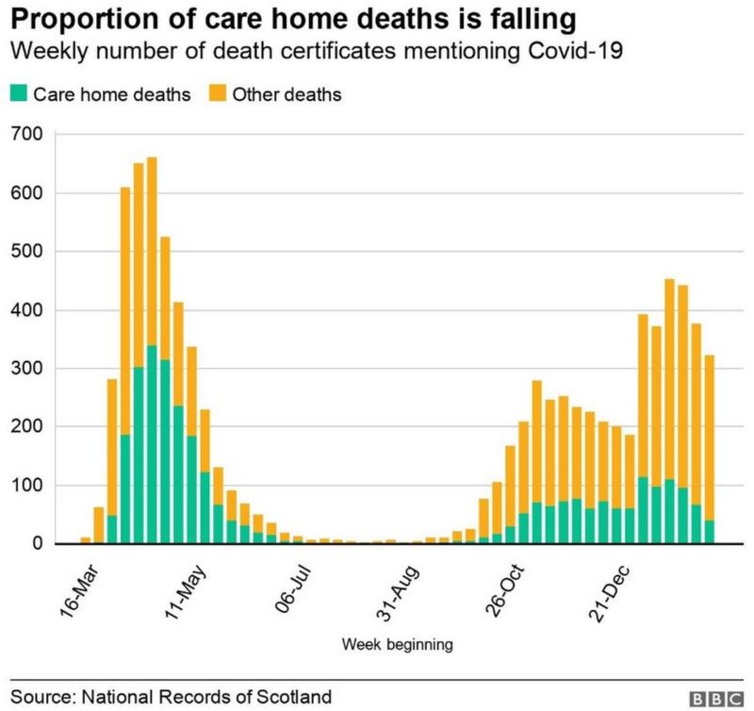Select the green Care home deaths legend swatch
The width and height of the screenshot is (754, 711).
click(x=19, y=94)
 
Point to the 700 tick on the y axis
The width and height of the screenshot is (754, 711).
click(x=26, y=135)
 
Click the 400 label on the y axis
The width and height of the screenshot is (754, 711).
click(x=26, y=310)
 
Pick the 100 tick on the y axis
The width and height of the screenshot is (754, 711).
click(x=26, y=486)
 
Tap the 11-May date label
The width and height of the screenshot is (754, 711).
click(x=186, y=590)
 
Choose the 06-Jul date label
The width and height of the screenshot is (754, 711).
click(x=292, y=590)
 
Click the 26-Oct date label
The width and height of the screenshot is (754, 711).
click(x=505, y=590)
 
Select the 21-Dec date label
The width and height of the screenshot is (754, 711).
click(x=612, y=590)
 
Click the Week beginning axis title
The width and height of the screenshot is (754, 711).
click(x=397, y=645)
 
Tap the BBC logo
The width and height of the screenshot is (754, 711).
click(x=715, y=698)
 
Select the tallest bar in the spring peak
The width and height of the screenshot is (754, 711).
click(x=152, y=350)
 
